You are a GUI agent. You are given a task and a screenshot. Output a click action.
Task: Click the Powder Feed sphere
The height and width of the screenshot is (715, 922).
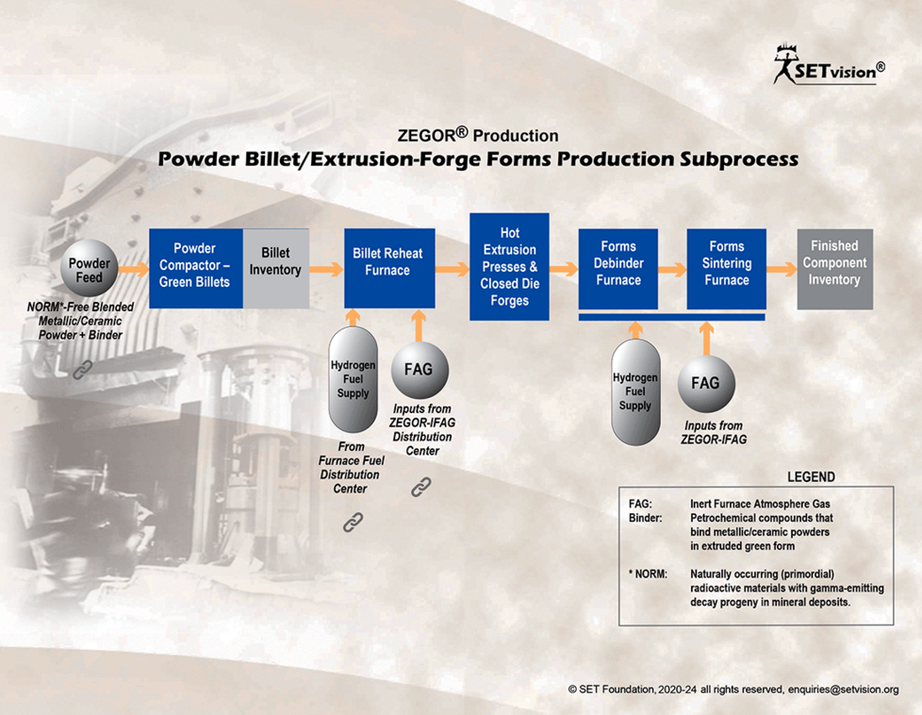[x=90, y=268]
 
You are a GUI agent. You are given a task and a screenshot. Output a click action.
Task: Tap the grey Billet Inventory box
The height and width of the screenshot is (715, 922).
[x=276, y=268]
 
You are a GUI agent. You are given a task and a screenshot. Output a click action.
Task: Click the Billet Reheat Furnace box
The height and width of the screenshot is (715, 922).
[x=389, y=268]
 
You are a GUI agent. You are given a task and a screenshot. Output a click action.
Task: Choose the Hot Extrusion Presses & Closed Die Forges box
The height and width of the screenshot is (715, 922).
[x=509, y=267]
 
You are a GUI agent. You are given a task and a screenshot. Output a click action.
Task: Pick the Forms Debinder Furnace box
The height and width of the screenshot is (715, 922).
[x=618, y=269]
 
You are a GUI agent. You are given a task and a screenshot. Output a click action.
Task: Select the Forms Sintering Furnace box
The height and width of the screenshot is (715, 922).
[x=726, y=269]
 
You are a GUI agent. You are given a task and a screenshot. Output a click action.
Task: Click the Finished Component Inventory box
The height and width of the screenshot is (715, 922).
[x=835, y=269]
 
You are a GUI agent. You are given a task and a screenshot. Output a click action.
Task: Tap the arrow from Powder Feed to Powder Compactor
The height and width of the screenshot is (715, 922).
[x=134, y=269]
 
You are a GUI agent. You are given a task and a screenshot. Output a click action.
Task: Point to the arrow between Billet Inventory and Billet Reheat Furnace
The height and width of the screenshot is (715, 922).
[x=326, y=269]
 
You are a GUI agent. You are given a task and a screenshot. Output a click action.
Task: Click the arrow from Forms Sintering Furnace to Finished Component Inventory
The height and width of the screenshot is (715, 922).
[x=782, y=269]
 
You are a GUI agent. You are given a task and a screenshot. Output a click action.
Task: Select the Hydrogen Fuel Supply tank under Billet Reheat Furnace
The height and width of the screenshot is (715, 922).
[x=353, y=379]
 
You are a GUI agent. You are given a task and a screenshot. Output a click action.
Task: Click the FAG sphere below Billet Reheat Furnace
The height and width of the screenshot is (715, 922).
[x=420, y=370]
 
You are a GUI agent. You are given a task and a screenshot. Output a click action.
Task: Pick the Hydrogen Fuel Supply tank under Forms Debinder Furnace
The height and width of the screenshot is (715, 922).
[x=635, y=391]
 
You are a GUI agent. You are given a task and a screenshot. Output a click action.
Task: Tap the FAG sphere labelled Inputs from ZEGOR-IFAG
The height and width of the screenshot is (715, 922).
[x=705, y=384]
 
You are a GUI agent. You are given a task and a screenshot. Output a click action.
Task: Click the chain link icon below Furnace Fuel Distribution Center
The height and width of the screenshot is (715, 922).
[x=353, y=522]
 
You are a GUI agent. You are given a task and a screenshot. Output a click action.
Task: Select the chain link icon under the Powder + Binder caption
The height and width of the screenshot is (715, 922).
[x=83, y=370]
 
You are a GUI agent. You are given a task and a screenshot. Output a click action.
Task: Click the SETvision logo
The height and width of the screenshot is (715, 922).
[x=829, y=65]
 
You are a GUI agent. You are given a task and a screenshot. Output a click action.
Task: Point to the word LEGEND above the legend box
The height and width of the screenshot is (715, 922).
[x=811, y=476]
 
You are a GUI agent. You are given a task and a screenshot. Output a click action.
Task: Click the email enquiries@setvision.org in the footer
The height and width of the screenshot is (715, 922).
[x=843, y=690]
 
